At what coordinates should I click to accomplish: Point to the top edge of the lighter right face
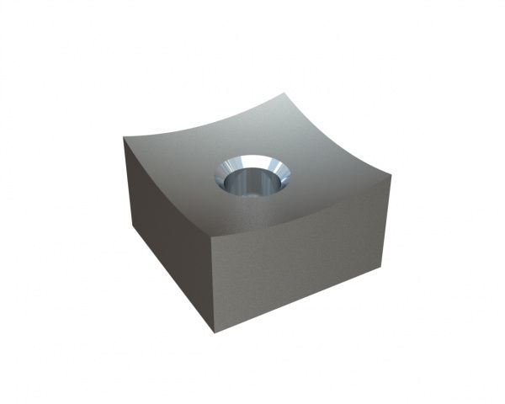303,210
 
